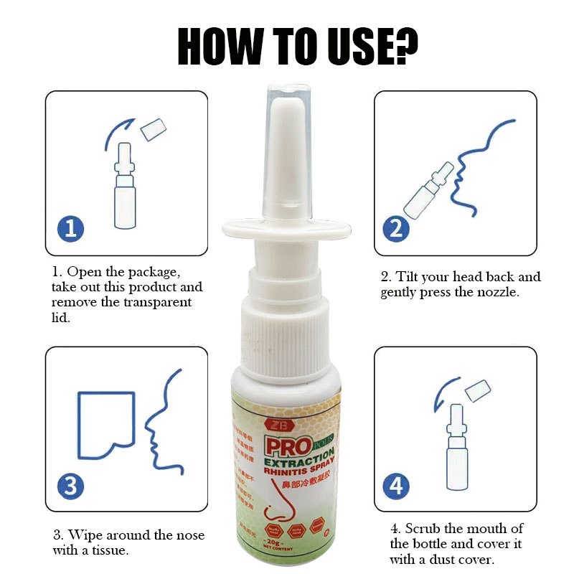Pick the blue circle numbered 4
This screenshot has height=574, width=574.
(x=395, y=486)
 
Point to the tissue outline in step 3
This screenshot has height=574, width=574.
(x=105, y=423)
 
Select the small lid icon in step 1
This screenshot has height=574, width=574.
(x=153, y=130)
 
